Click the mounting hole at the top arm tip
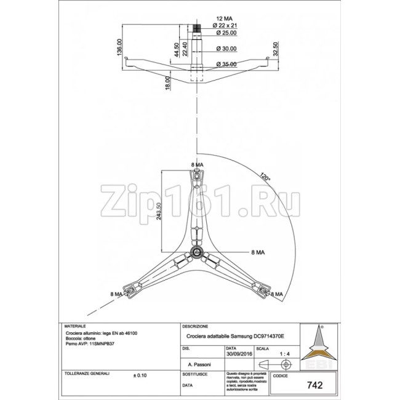(196, 177)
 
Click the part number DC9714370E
(270, 337)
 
